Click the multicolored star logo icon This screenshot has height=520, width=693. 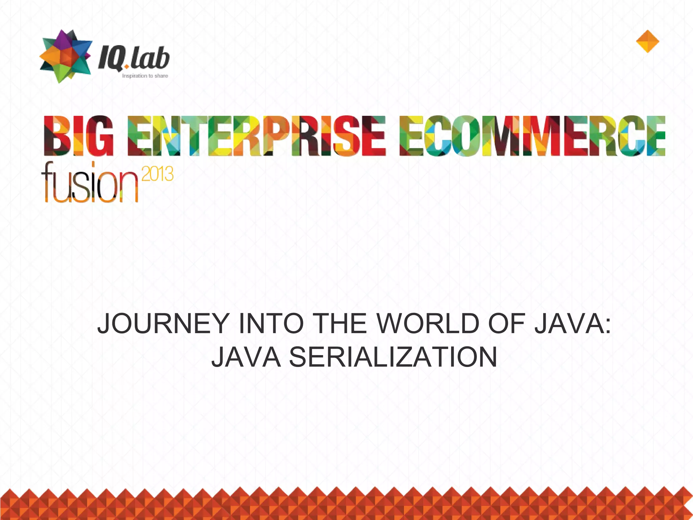66,56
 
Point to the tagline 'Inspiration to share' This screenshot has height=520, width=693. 145,76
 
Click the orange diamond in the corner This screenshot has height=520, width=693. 648,41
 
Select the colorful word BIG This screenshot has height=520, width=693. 79,136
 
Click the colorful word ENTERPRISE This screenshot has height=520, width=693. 256,136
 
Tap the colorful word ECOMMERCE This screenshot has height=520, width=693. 532,136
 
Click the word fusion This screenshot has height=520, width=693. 90,183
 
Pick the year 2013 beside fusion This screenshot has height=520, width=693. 157,174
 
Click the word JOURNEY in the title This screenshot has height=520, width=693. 163,324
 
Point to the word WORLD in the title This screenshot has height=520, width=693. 428,324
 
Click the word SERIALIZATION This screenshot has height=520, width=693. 393,357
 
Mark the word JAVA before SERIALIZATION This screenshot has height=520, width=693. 246,357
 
